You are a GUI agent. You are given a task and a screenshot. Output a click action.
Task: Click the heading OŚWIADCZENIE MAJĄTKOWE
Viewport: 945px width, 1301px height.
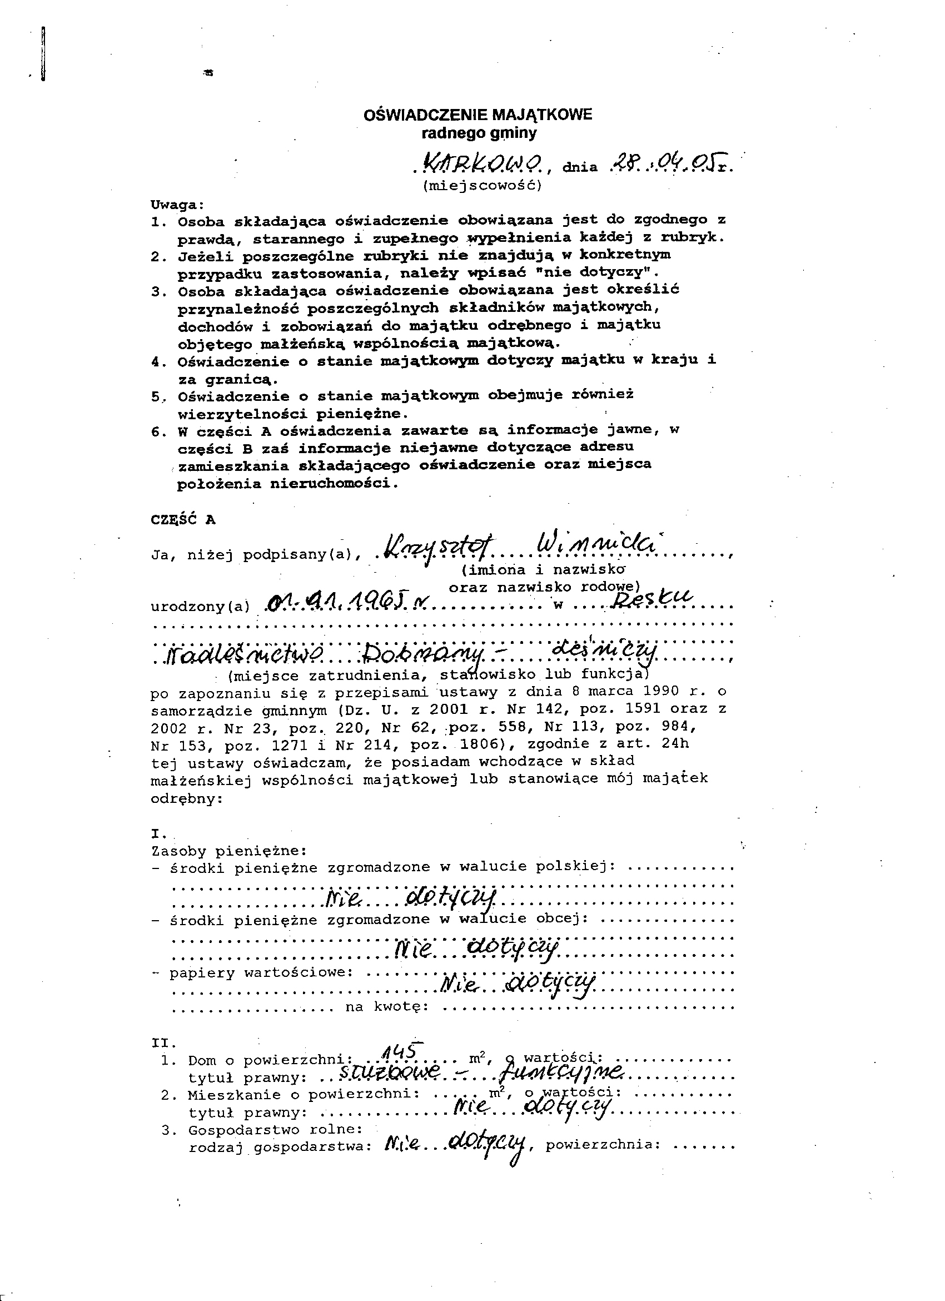pos(477,115)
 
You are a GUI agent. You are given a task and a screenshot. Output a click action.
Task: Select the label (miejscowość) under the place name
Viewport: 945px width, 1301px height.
pos(482,186)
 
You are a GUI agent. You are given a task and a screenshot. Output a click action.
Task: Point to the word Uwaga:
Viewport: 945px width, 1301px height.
pos(177,204)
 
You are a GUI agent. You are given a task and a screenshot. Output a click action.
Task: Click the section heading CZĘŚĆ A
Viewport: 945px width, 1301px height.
pos(183,519)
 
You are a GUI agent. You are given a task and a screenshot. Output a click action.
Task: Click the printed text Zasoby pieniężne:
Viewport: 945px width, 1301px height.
pos(229,851)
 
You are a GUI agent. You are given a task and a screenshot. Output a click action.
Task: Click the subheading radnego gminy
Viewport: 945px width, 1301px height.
pos(479,133)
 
